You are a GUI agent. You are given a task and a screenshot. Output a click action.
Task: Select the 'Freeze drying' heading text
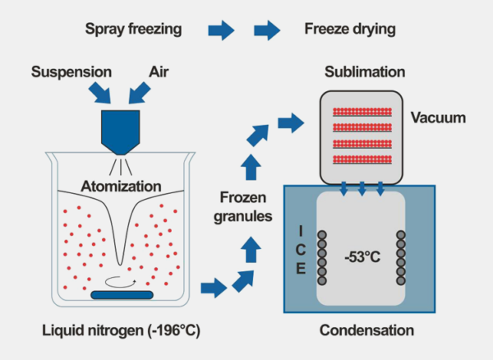(348, 30)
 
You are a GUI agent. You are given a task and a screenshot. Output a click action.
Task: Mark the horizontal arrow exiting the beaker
(212, 288)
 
